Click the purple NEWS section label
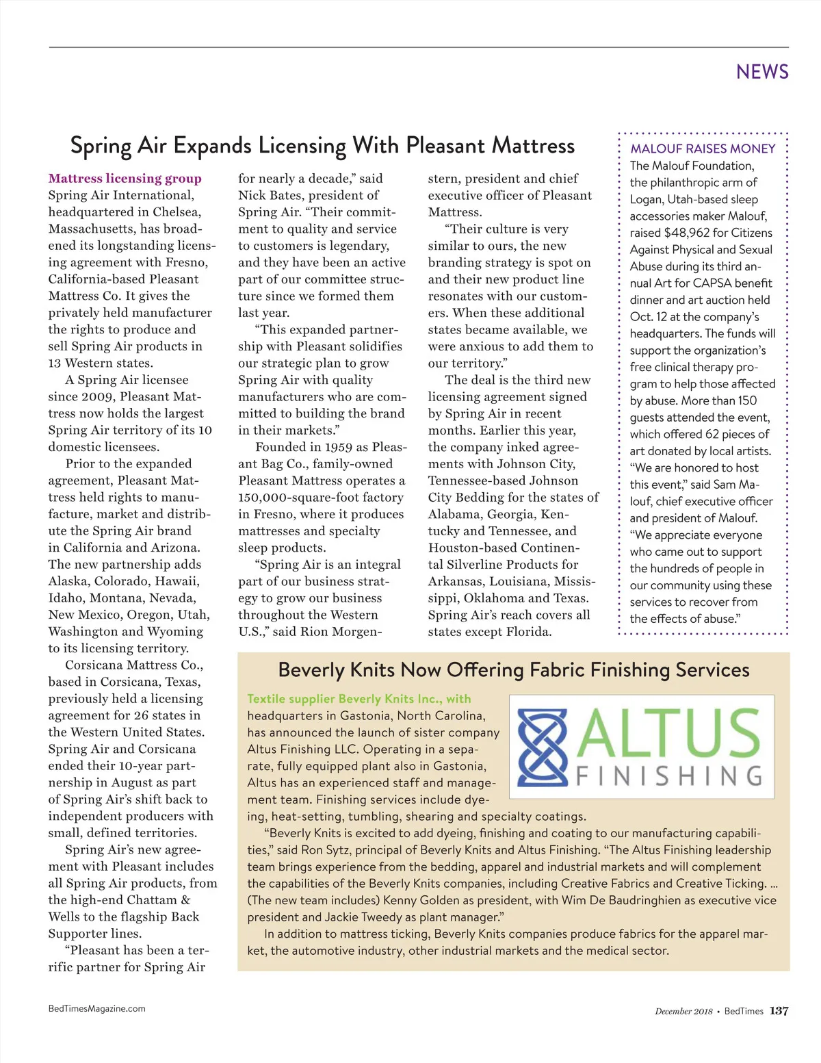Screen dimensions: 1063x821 762,72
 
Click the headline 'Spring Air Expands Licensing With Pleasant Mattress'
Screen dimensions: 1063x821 322,146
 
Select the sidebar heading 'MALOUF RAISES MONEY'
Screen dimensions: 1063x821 703,149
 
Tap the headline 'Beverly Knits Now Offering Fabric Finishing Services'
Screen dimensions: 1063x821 514,669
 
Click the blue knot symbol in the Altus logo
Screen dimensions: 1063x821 543,748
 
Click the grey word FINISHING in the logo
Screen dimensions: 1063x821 669,776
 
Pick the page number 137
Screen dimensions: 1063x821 779,1011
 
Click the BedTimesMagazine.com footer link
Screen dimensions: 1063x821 96,1008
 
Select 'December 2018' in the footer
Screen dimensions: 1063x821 683,1012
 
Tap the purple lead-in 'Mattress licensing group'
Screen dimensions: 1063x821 125,179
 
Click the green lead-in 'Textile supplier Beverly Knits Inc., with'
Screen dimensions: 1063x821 359,699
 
